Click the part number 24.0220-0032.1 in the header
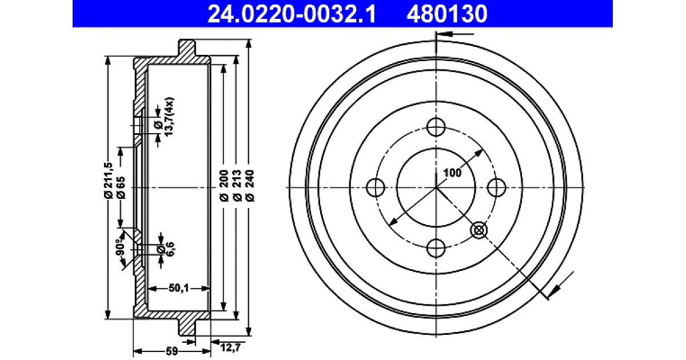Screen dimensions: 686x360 point(292,14)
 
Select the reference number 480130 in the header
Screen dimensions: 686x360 point(447,14)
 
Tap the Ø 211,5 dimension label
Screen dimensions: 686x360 point(109,181)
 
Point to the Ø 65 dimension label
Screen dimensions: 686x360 point(121,187)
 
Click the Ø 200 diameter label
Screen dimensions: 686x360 point(224,186)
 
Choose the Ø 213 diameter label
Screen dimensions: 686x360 point(237,186)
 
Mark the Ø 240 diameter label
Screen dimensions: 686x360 point(250,186)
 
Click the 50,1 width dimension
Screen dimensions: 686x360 point(179,288)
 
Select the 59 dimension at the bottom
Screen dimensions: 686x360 point(172,351)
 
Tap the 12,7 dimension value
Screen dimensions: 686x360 point(230,347)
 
